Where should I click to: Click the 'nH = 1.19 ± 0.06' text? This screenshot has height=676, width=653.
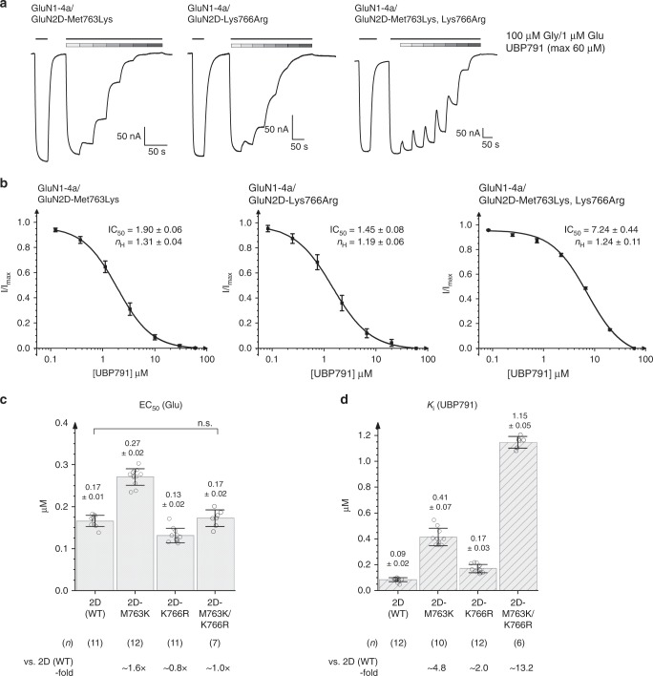click(x=351, y=244)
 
